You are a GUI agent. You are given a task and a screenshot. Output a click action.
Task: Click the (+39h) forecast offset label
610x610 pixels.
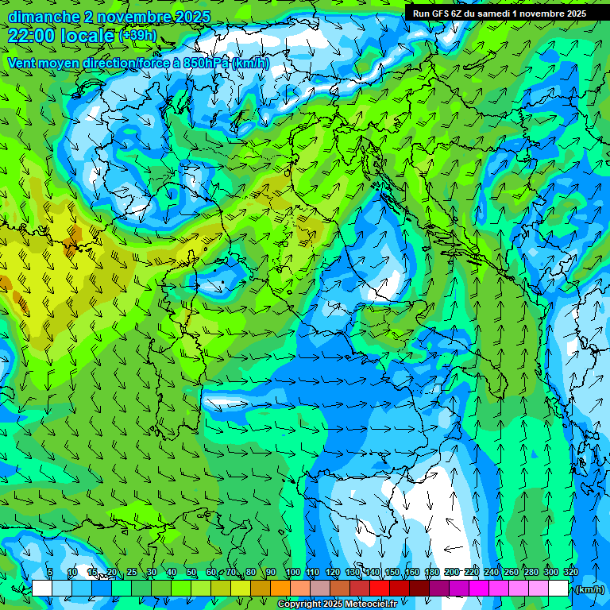pos(137,36)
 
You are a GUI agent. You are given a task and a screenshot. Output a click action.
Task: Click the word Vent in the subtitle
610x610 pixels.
pos(23,63)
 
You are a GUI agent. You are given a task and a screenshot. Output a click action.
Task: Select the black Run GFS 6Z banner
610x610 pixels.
pos(500,13)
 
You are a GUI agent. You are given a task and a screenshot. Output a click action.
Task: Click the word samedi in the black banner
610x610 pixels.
pos(491,13)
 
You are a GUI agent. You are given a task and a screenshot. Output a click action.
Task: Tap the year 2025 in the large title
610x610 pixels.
pos(193,17)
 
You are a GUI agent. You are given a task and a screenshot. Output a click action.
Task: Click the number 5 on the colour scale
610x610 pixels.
pos(50,572)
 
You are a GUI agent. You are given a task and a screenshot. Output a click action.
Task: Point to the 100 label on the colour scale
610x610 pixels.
pos(292,572)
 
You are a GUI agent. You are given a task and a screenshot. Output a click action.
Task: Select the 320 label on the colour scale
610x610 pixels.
pos(570,572)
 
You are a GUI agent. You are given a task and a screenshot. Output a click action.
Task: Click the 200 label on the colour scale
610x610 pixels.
pos(451,572)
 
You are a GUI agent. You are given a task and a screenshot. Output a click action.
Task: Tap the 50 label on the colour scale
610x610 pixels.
pos(191,572)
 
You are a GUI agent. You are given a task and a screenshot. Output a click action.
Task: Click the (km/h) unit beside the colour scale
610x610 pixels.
pos(589,589)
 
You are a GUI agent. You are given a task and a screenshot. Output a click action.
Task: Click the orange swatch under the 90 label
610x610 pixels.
pos(280,588)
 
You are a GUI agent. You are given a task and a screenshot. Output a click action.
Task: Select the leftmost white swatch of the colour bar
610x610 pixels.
pos(42,588)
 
